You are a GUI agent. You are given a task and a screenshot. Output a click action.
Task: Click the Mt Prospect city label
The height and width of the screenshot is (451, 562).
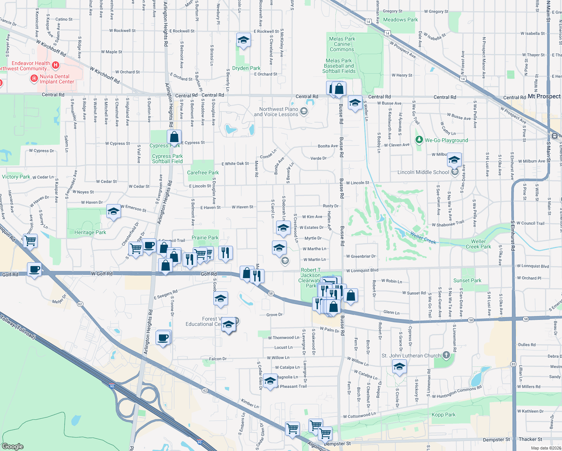coord(544,96)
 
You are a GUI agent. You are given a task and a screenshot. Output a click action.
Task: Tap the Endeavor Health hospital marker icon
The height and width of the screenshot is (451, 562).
coord(56,65)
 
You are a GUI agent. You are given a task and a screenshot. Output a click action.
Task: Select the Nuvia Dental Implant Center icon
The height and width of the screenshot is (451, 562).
coord(34,79)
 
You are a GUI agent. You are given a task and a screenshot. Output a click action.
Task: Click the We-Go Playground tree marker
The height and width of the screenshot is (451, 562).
coord(419,140)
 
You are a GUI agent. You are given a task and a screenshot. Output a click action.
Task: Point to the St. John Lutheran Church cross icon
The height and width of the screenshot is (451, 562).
coord(446,355)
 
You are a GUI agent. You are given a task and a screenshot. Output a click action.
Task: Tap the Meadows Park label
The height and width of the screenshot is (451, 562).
coord(400,20)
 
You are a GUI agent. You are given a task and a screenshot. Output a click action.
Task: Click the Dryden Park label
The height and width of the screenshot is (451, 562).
coord(246,68)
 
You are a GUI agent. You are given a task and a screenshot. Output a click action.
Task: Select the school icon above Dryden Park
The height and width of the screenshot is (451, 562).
coord(243,40)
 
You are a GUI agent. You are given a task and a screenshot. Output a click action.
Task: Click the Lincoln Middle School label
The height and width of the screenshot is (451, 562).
coord(423,172)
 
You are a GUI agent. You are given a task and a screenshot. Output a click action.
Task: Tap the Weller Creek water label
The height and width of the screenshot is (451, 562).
coord(423,238)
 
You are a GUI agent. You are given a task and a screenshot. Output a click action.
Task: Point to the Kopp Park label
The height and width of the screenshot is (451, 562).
coord(443,415)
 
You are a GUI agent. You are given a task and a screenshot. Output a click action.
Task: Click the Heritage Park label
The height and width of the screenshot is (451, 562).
coord(90,232)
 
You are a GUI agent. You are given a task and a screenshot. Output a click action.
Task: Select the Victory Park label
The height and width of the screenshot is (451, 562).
coord(16,177)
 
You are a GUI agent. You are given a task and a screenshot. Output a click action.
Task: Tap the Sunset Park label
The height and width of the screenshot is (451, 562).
coord(467,280)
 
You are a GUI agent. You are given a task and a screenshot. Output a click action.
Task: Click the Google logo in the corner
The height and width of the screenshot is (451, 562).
coord(13,446)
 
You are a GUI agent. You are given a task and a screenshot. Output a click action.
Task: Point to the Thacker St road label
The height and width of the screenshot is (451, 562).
coord(530,439)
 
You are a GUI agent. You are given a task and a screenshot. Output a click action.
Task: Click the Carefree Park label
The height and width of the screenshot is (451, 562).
coord(203,173)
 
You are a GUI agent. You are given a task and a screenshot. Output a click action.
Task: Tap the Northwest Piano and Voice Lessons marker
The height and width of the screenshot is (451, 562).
coord(304,111)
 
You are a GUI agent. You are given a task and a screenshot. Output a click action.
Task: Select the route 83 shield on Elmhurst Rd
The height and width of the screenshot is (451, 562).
coord(513,364)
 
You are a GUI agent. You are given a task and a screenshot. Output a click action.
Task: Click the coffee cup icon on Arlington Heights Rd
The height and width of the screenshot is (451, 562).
coord(163,337)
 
